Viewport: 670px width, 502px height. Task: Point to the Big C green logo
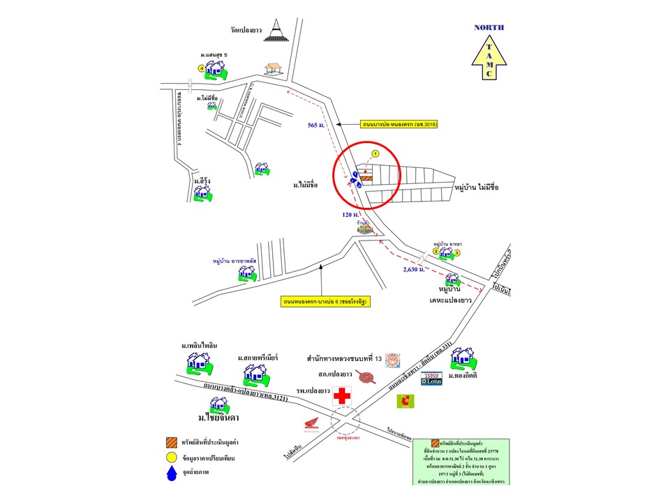tap(405, 401)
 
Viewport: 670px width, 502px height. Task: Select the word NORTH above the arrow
tap(489, 28)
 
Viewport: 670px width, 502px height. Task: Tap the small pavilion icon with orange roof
tap(274, 68)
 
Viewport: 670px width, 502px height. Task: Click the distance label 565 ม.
tap(317, 125)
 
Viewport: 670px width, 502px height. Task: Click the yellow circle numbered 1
tap(375, 153)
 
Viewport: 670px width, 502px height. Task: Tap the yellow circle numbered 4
tap(202, 68)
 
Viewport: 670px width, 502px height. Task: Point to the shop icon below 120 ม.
tap(363, 227)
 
